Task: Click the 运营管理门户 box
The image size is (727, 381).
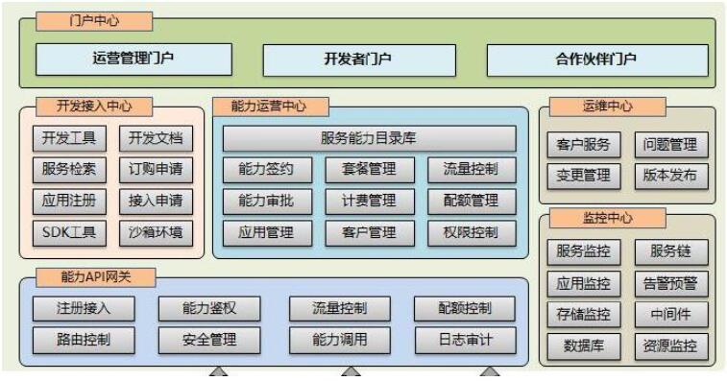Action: tap(133, 59)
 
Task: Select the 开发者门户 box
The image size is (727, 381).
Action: tap(357, 59)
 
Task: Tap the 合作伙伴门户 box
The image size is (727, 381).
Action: tap(595, 59)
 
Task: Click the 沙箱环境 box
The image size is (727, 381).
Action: tap(155, 231)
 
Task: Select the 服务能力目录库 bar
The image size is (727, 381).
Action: tap(369, 138)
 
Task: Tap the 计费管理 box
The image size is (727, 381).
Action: tap(369, 201)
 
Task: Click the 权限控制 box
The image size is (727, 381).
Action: tap(472, 231)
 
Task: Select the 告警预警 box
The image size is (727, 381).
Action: tap(671, 284)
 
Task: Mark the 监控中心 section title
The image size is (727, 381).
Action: tap(608, 218)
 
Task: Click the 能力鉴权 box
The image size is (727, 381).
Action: tap(208, 308)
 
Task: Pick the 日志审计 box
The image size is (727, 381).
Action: tap(465, 339)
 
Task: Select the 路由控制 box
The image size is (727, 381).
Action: tap(84, 339)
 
